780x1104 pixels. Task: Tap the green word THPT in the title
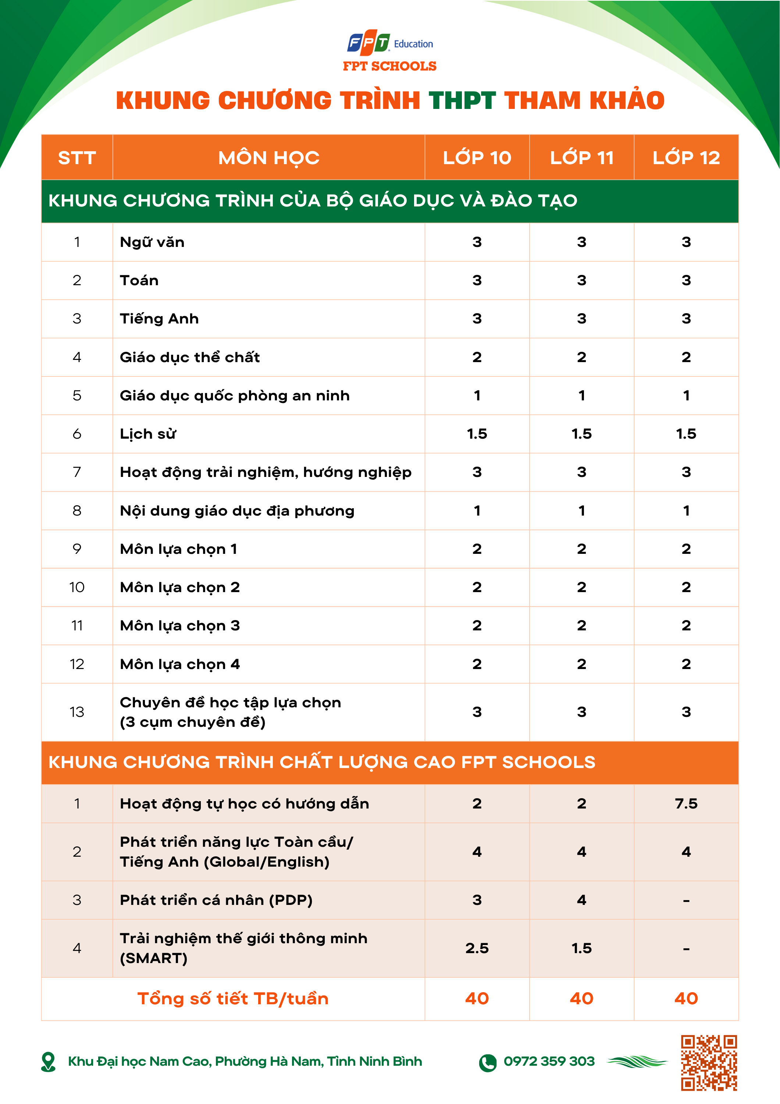[462, 101]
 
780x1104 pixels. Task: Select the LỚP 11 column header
[581, 158]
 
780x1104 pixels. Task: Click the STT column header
[77, 158]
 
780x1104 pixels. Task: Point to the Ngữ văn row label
[152, 242]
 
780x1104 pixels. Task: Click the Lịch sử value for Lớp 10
[477, 434]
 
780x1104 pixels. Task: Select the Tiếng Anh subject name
[159, 319]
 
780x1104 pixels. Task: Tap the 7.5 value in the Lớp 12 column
[686, 803]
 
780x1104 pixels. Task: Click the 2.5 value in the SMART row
[477, 948]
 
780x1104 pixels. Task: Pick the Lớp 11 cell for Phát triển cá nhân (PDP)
[581, 900]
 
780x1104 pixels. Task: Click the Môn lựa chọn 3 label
[180, 626]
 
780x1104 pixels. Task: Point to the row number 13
[77, 712]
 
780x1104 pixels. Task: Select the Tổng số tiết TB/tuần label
[233, 999]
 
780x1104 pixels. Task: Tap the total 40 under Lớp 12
[686, 999]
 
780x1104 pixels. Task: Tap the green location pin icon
[49, 1062]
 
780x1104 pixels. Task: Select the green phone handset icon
[487, 1063]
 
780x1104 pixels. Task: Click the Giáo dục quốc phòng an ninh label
[235, 396]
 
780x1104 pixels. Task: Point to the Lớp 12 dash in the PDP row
[686, 900]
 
